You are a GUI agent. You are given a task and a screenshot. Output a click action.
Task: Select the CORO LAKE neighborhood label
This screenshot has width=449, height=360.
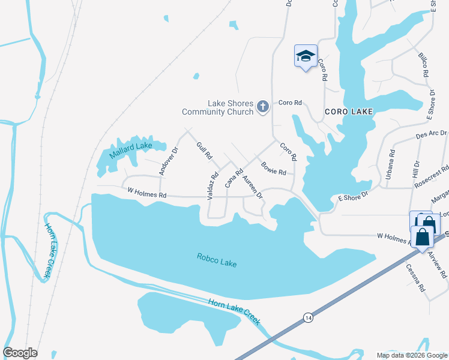(349, 112)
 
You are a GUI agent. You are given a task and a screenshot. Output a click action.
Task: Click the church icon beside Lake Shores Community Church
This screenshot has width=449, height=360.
(262, 107)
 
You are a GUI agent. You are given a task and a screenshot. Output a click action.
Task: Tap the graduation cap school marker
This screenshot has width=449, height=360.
(306, 56)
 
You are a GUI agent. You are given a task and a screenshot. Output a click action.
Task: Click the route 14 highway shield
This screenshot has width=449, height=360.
(308, 316)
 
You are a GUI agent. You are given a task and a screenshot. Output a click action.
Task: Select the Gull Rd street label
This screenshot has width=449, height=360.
(204, 151)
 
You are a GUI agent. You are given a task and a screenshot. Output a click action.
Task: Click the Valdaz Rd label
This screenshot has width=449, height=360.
(214, 186)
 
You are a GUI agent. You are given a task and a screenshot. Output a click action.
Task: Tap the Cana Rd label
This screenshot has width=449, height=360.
(234, 178)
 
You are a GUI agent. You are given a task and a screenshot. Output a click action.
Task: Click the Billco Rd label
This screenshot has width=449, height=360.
(424, 65)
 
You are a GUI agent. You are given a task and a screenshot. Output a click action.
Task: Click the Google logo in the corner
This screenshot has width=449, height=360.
(20, 353)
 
